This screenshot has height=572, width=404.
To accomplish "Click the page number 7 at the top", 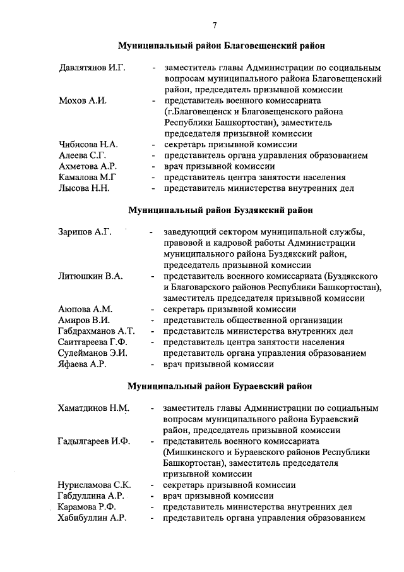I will click(215, 25).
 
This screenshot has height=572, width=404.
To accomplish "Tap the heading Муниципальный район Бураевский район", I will click(220, 386).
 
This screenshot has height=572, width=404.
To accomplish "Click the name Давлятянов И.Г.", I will click(91, 67).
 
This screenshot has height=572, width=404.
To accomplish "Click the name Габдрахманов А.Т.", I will click(96, 331).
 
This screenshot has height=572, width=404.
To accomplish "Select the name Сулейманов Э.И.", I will click(92, 353).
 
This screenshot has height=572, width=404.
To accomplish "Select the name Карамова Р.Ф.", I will click(88, 507).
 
